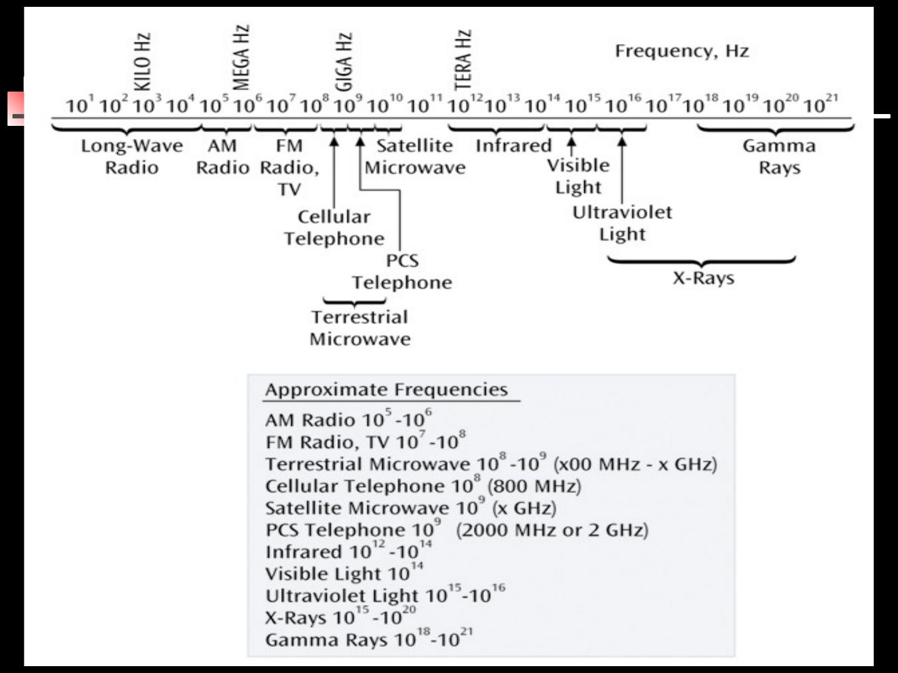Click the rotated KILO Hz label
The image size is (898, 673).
tap(143, 62)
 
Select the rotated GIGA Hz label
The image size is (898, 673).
tap(344, 62)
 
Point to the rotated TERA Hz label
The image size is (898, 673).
tap(463, 60)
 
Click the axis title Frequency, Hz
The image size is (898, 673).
tap(682, 51)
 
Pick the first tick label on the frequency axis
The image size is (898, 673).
tap(80, 105)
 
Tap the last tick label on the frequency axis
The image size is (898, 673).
tap(821, 105)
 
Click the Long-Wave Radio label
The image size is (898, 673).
tap(132, 156)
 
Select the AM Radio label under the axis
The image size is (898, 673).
tap(223, 156)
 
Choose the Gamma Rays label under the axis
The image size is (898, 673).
tap(779, 156)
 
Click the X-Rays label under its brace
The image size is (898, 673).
tap(703, 278)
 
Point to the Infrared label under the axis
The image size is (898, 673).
tap(513, 146)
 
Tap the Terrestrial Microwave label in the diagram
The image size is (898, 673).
tap(360, 328)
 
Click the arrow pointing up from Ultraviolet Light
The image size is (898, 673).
tap(622, 168)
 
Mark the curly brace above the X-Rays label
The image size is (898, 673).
tap(702, 260)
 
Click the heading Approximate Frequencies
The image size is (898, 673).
tap(387, 389)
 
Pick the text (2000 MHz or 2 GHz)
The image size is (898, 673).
tap(552, 530)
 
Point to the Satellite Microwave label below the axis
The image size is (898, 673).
tap(415, 156)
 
